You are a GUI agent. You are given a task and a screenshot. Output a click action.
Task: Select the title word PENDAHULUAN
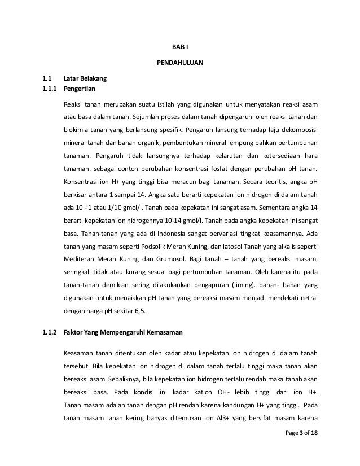179,62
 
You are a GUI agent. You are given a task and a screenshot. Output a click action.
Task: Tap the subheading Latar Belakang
82,79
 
